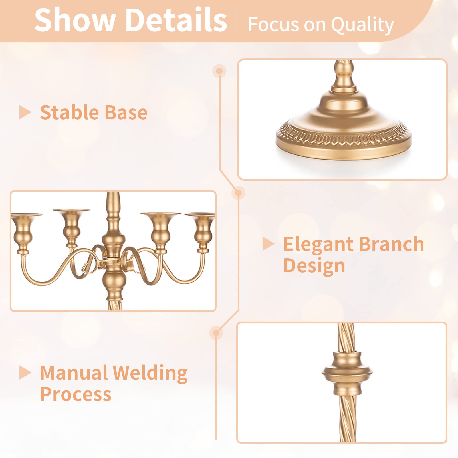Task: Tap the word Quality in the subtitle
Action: [x=362, y=25]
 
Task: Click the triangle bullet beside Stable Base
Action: [x=25, y=112]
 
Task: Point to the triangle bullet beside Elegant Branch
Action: [x=268, y=244]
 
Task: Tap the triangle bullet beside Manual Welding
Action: [x=25, y=373]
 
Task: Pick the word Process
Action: [x=76, y=394]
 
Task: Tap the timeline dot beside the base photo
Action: [x=219, y=71]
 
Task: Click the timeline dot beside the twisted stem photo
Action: [x=216, y=333]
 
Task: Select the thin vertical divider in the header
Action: [x=237, y=21]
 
